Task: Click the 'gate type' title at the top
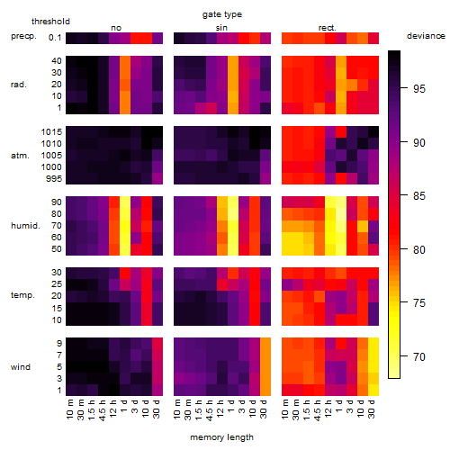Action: pos(222,14)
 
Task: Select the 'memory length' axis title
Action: pos(221,437)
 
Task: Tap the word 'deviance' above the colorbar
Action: pos(426,36)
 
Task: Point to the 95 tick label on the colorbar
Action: pos(419,89)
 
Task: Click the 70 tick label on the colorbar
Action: pos(419,357)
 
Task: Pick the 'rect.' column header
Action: pos(328,28)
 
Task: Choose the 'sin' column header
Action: pos(221,28)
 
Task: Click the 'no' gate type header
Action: pos(116,28)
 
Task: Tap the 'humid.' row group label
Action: pos(25,226)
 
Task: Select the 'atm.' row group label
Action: pos(20,156)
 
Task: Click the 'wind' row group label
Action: pos(21,367)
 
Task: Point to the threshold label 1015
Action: pos(51,132)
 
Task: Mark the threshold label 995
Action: pos(54,179)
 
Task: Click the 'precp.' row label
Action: pos(23,36)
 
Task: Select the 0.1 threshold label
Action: pos(55,38)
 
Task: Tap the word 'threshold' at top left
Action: pos(50,22)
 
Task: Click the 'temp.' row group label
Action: pos(22,295)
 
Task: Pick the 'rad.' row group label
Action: pos(19,85)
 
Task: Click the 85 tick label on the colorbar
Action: pos(419,196)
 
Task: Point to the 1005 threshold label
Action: pos(51,156)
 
